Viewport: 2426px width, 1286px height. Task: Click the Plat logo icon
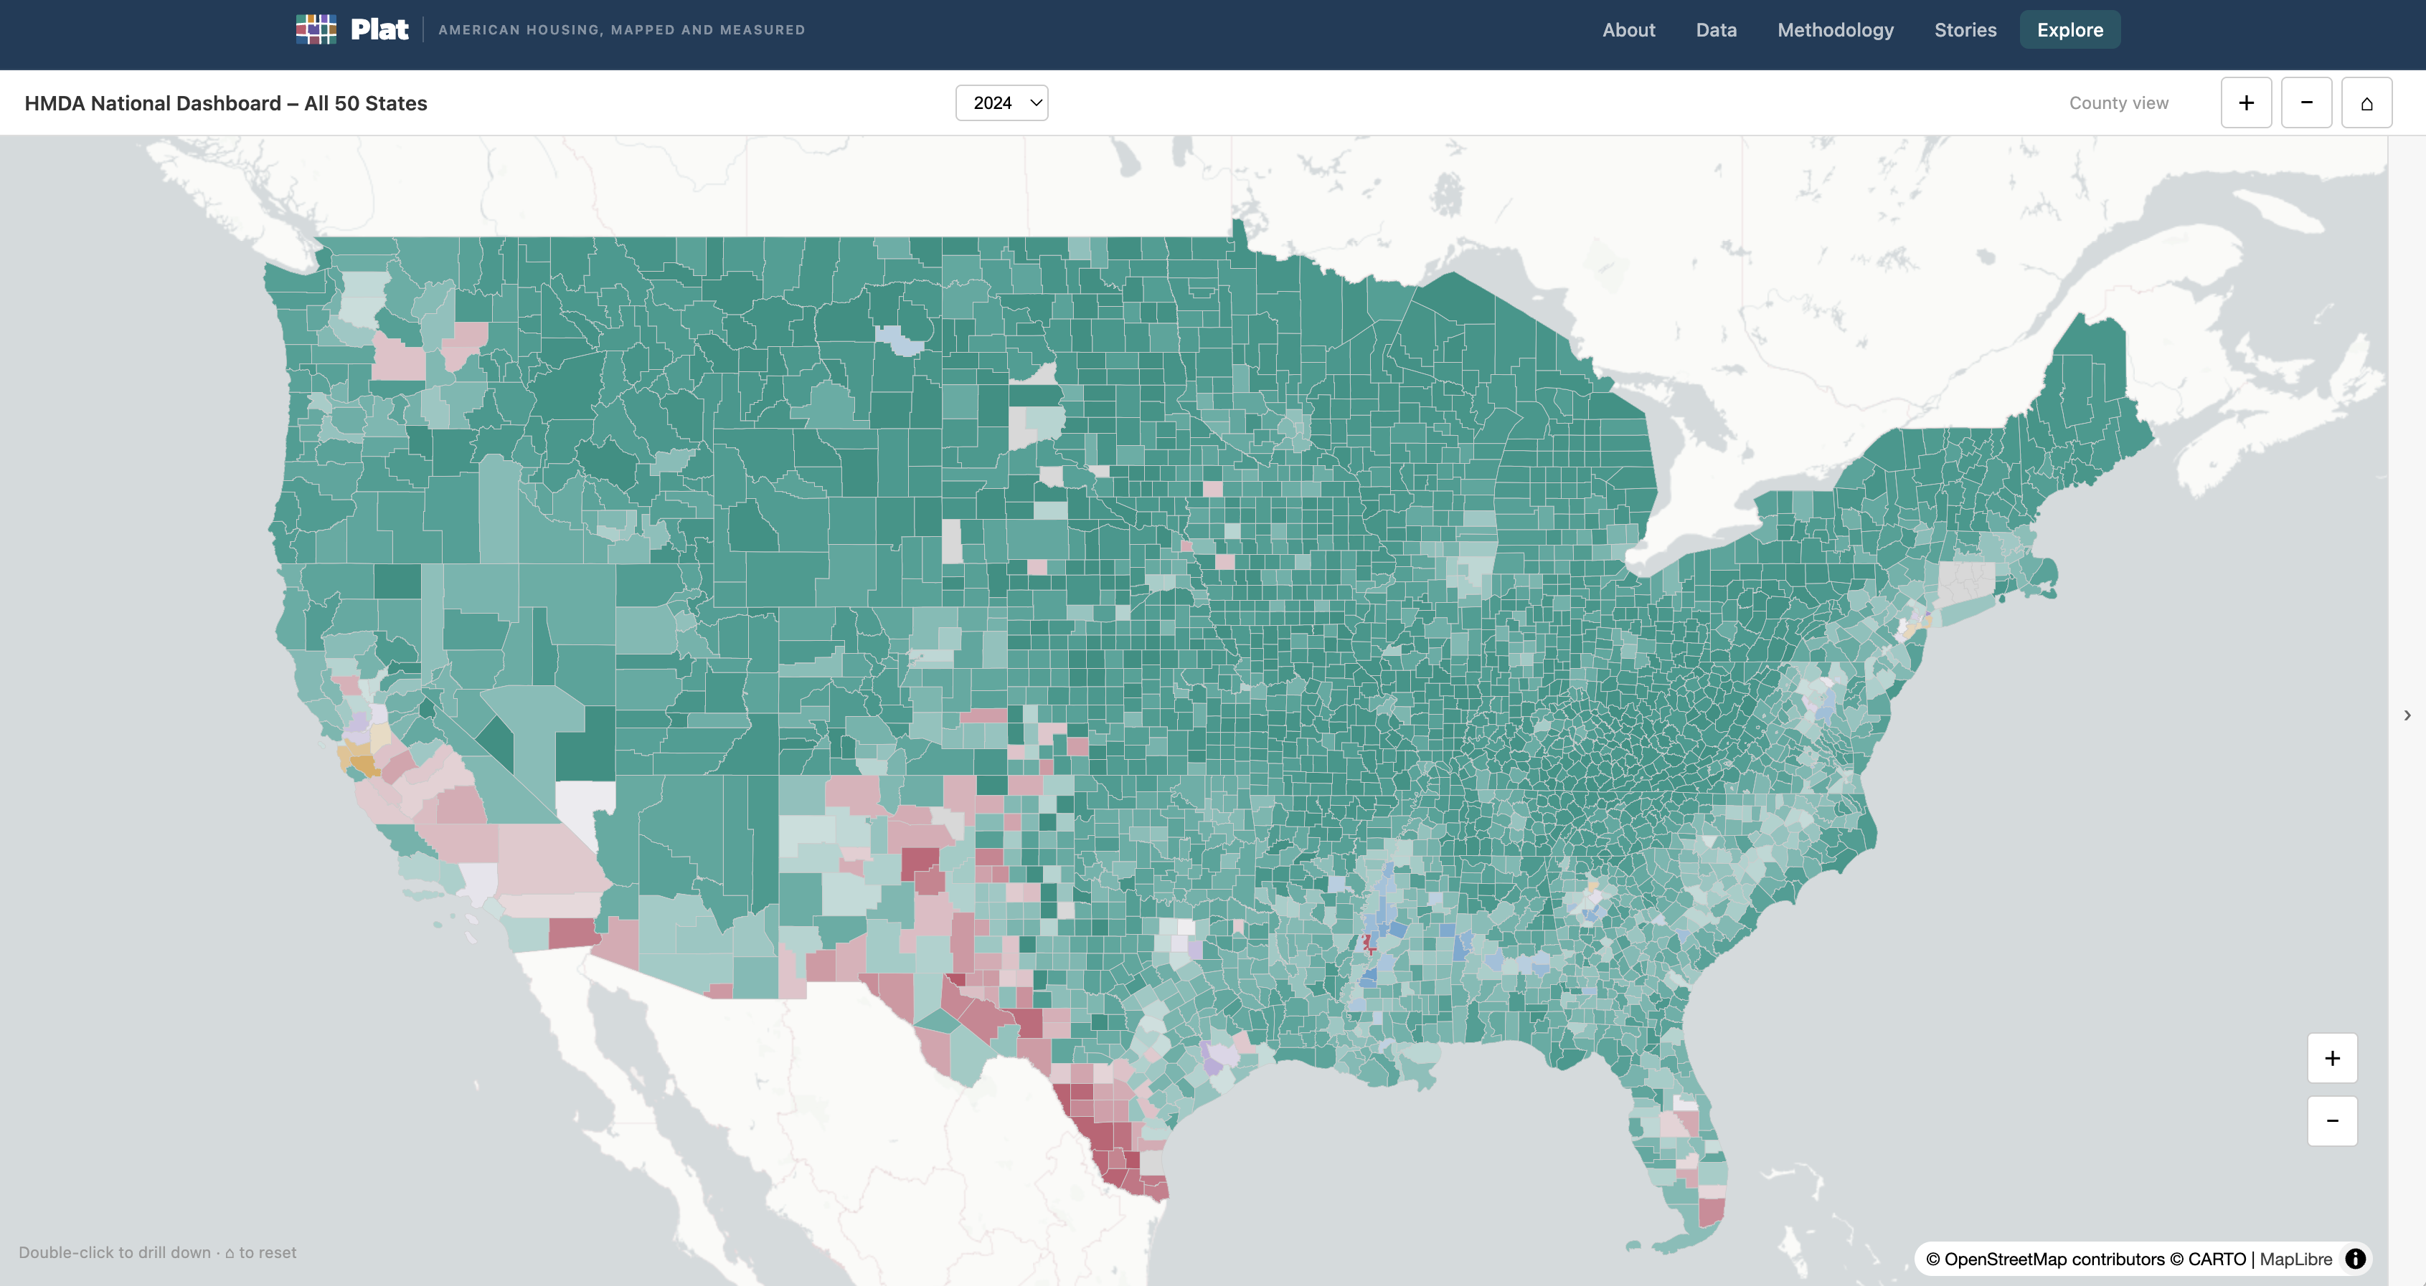(316, 29)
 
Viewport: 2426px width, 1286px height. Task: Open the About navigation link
(1628, 30)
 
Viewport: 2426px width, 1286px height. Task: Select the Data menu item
(1716, 30)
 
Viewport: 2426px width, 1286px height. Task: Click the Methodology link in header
(1835, 30)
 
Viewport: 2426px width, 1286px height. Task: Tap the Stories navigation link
(1965, 30)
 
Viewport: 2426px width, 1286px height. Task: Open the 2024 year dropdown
(1001, 103)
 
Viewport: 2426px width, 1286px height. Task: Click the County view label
(2118, 103)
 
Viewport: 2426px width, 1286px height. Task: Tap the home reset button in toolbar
(2366, 103)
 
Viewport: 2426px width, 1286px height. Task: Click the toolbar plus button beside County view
(2245, 103)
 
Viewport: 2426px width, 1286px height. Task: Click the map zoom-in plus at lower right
(2332, 1058)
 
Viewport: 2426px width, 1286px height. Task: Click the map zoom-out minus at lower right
(2332, 1120)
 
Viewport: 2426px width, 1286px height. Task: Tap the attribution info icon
(2356, 1259)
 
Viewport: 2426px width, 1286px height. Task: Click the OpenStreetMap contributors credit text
(2054, 1259)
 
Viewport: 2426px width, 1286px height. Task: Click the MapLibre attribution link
(2295, 1259)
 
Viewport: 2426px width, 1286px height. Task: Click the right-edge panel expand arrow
(2407, 715)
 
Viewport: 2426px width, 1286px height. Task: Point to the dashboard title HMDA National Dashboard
(226, 103)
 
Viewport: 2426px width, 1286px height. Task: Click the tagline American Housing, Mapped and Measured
(622, 30)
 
